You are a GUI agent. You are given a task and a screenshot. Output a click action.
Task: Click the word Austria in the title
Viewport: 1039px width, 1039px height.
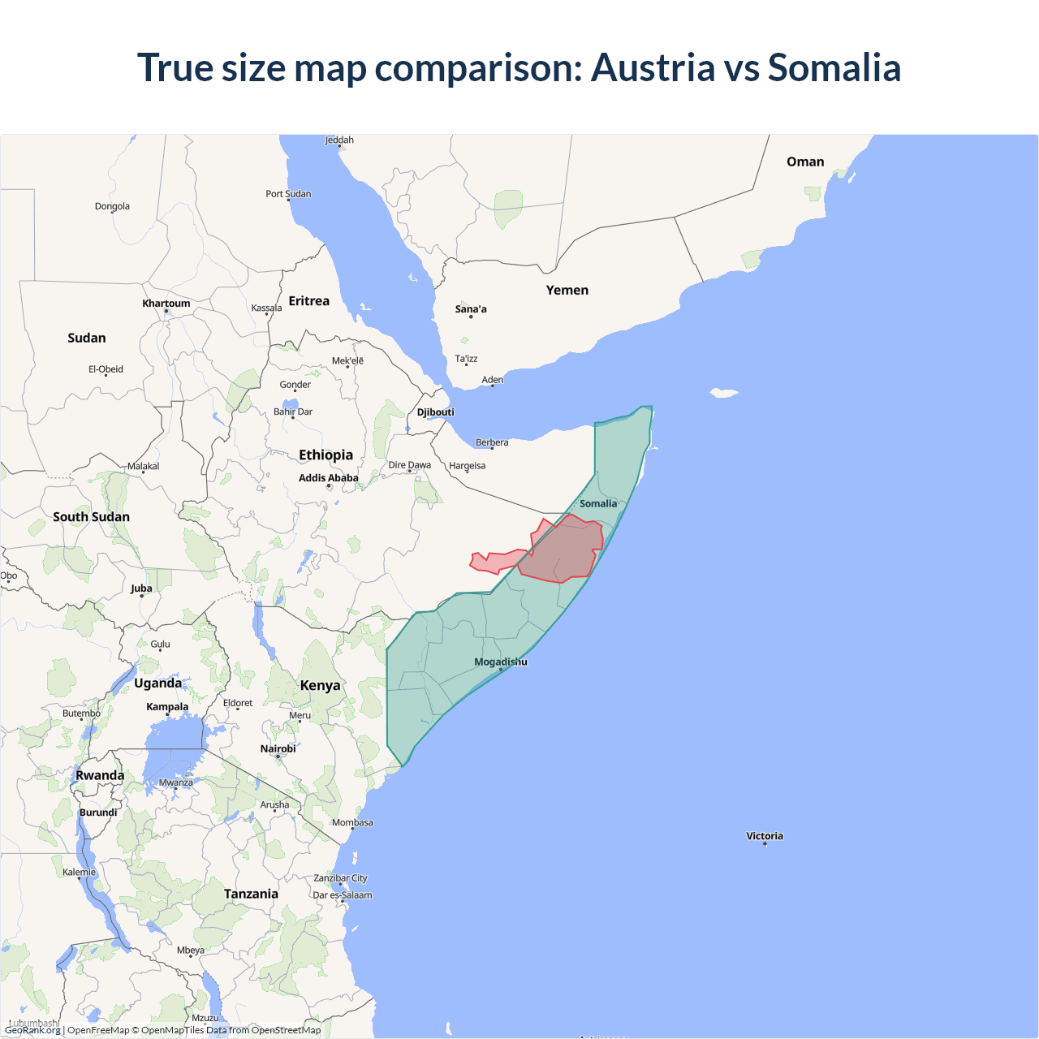[x=653, y=67]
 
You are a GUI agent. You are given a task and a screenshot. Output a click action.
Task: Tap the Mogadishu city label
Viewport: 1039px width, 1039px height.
[x=500, y=662]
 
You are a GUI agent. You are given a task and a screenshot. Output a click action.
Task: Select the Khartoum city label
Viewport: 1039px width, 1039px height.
[x=166, y=304]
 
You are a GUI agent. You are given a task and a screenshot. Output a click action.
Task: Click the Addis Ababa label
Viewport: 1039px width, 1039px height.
[x=328, y=478]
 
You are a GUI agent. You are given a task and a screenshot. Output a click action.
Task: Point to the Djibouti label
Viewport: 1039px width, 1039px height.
[x=436, y=412]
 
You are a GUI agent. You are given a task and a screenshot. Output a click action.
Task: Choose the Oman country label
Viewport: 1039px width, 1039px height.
[x=804, y=162]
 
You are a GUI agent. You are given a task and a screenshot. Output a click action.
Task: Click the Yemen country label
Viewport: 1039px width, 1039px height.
[x=567, y=290]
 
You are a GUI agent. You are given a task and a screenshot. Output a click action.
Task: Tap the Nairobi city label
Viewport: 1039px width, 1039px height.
[x=278, y=748]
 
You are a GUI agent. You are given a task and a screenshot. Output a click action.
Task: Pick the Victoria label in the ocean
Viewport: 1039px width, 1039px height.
[x=765, y=836]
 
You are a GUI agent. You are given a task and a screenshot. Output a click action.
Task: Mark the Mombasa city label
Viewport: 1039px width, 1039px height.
[x=352, y=822]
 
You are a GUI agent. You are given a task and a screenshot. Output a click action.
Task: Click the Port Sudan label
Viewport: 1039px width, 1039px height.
[x=288, y=194]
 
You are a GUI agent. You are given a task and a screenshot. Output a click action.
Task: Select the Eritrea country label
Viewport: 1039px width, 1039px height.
[x=308, y=301]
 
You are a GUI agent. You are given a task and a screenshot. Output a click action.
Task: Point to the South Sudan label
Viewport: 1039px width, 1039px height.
[x=91, y=517]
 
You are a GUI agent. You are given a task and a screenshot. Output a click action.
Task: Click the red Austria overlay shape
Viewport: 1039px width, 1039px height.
[x=568, y=552]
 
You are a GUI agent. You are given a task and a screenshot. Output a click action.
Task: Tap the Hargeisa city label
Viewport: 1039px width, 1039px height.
[x=467, y=466]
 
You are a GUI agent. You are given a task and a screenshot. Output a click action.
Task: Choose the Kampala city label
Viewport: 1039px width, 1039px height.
[x=167, y=707]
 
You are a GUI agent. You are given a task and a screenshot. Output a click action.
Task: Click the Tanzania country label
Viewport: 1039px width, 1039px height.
[x=251, y=894]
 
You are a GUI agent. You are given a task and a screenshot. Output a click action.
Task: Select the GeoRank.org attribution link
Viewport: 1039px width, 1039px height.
[x=32, y=1030]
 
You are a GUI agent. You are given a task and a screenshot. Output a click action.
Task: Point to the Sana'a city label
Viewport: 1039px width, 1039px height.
[x=471, y=309]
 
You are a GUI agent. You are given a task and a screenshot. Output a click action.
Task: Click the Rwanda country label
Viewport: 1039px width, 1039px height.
[x=100, y=775]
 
